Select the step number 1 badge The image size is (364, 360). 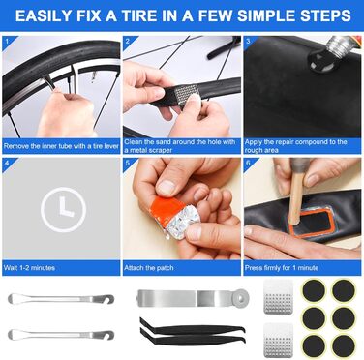tap(9, 43)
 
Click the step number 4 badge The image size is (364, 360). tap(9, 164)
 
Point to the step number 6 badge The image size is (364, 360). tap(250, 164)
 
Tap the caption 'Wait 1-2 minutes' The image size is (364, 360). tap(29, 268)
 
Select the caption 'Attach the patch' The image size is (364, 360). tap(149, 268)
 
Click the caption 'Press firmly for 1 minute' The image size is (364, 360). tap(282, 268)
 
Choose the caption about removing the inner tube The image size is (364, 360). tap(61, 146)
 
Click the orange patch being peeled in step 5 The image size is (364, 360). tap(167, 209)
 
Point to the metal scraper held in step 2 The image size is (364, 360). tap(186, 94)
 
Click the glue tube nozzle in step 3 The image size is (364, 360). tap(337, 47)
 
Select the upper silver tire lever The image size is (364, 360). tap(61, 299)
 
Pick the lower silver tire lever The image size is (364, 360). tap(61, 335)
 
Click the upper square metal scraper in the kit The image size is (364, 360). tap(278, 297)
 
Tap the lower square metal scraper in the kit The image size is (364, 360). tap(278, 340)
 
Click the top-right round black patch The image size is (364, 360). tap(344, 290)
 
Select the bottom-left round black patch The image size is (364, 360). tap(314, 345)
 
